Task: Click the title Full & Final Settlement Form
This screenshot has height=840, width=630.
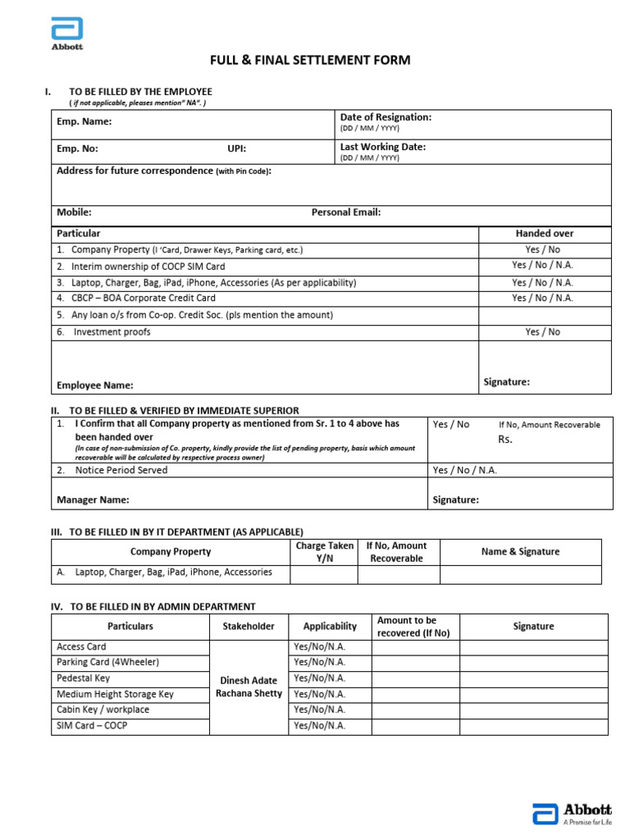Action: coord(310,61)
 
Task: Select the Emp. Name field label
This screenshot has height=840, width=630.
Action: coord(84,122)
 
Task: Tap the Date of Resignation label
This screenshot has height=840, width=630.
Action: coord(386,117)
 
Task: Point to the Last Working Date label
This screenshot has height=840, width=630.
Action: coord(382,147)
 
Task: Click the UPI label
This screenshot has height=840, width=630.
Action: coord(236,149)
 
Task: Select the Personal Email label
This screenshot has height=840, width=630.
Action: coord(345,212)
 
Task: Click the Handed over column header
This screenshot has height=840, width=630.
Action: coord(544,234)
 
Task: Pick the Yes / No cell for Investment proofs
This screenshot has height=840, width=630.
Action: coord(543,332)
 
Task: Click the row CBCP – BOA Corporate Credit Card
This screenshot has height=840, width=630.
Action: coord(143,299)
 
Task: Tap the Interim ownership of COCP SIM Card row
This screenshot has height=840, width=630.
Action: coord(148,267)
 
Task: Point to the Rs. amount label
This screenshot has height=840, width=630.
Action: coord(505,439)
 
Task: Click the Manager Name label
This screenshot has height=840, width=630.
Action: coord(93,500)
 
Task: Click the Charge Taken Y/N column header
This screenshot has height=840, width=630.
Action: coord(324,552)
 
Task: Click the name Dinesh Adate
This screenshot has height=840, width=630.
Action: coord(249,681)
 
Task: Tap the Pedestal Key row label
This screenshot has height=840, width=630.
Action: coord(84,678)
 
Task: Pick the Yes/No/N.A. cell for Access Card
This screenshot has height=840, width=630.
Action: coord(319,647)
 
